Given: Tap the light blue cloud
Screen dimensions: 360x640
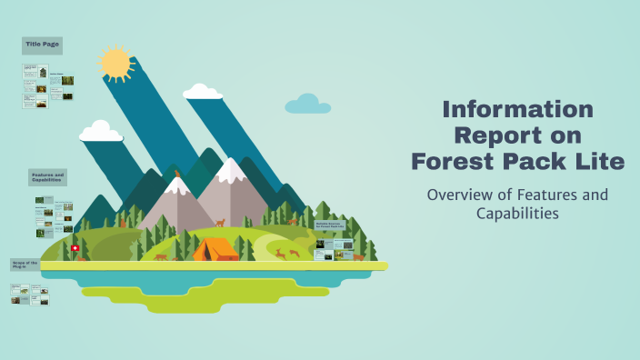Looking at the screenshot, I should point(307,105).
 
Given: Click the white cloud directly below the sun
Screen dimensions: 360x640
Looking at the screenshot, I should point(100,133).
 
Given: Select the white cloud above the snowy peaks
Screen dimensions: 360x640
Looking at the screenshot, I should point(203,91).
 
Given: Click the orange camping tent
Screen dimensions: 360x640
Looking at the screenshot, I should point(216,248).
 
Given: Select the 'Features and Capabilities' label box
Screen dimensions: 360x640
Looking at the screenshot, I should point(47,176).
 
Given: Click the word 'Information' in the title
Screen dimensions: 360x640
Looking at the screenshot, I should point(517,111).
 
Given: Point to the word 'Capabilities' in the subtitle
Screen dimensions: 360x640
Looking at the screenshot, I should point(516,214).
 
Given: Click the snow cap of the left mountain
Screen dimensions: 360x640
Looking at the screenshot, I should point(177,186).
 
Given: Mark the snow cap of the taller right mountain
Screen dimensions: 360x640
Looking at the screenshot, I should point(233,170).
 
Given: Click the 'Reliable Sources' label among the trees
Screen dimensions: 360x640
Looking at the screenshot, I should point(329,224).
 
